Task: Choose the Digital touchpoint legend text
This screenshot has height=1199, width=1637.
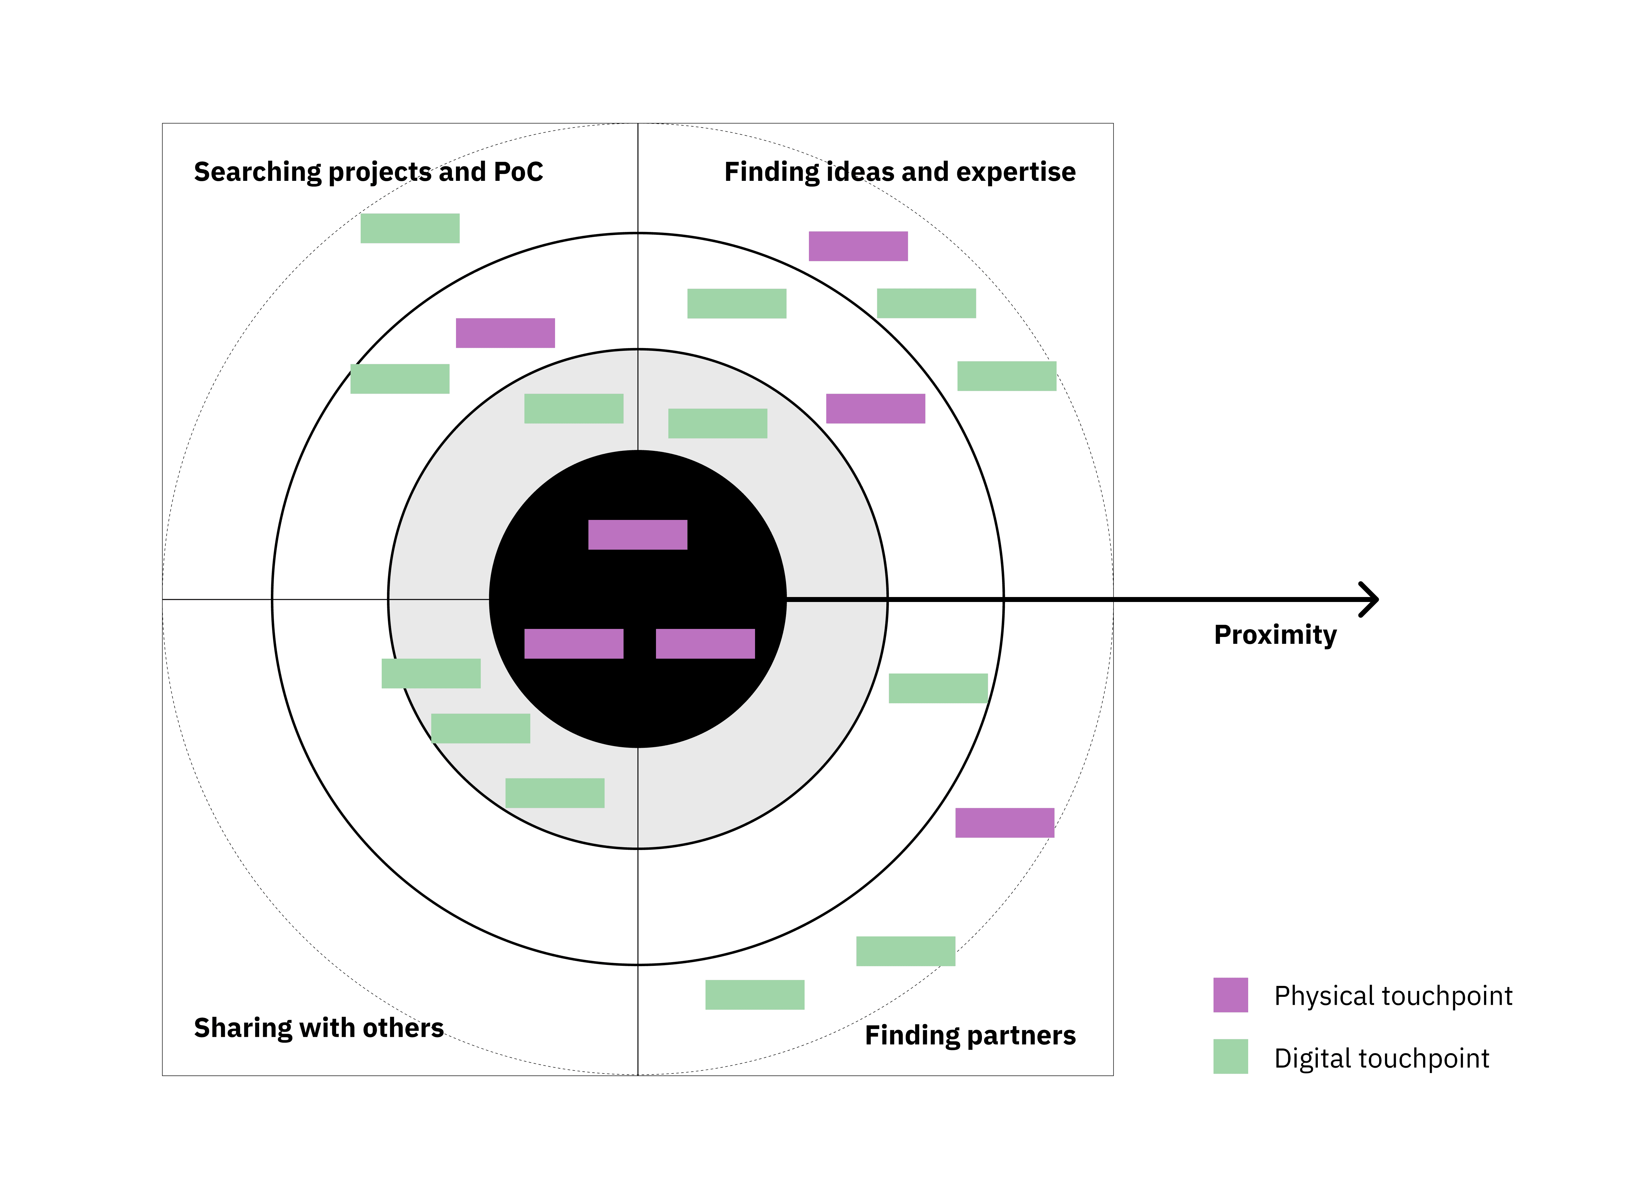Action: pos(1381,1058)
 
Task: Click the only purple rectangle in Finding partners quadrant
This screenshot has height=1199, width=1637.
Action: pos(1004,823)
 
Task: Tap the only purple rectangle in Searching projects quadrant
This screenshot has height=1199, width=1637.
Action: pos(505,333)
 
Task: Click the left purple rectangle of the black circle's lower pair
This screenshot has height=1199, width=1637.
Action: pos(573,644)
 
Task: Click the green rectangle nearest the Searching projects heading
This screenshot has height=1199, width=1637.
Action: pos(410,229)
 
